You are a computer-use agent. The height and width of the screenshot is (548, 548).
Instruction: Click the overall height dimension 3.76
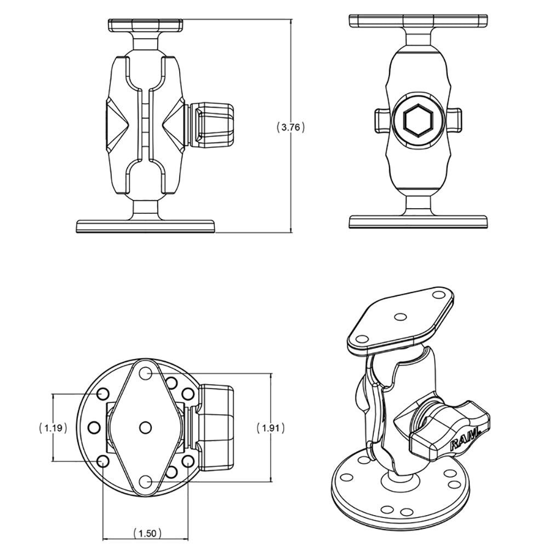coord(290,127)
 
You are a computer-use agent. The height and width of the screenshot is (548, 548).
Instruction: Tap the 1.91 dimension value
coord(271,428)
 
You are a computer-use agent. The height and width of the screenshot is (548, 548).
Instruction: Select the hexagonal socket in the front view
coord(418,119)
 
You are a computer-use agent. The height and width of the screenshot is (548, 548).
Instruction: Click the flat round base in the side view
coord(146,226)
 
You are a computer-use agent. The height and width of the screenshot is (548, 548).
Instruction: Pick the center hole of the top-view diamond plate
coord(145,426)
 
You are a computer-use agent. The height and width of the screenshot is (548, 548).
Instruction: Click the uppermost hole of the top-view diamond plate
coord(145,373)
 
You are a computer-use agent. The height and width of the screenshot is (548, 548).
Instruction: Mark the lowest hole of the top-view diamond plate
coord(145,481)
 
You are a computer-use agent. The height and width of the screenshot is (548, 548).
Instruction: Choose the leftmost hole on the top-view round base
coord(93,427)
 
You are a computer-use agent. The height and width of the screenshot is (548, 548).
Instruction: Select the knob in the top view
coord(216,427)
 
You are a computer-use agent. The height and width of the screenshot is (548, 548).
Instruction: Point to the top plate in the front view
coord(418,21)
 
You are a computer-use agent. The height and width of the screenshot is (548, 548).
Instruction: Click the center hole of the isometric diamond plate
coord(401,317)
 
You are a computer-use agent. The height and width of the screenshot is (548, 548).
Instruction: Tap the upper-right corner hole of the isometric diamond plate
coord(438,295)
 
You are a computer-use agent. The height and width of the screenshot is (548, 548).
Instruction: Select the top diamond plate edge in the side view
coord(146,25)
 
